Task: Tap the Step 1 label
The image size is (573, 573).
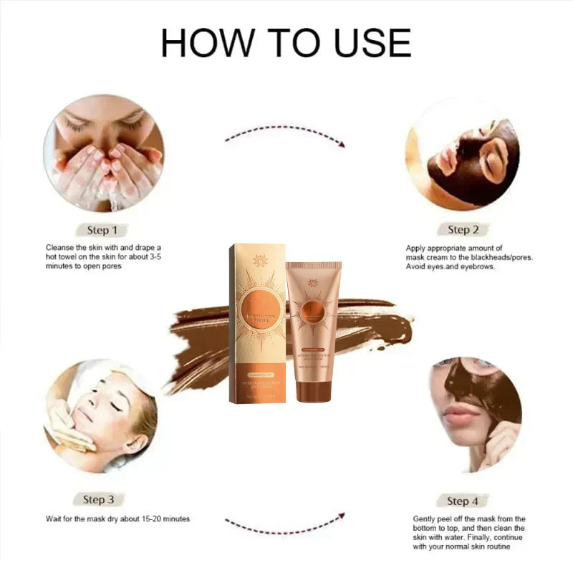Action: coord(102,230)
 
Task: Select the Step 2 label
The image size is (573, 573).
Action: coord(463,229)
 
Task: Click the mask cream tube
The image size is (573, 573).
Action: coord(312,326)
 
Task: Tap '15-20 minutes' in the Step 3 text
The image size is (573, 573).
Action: coord(163,519)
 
